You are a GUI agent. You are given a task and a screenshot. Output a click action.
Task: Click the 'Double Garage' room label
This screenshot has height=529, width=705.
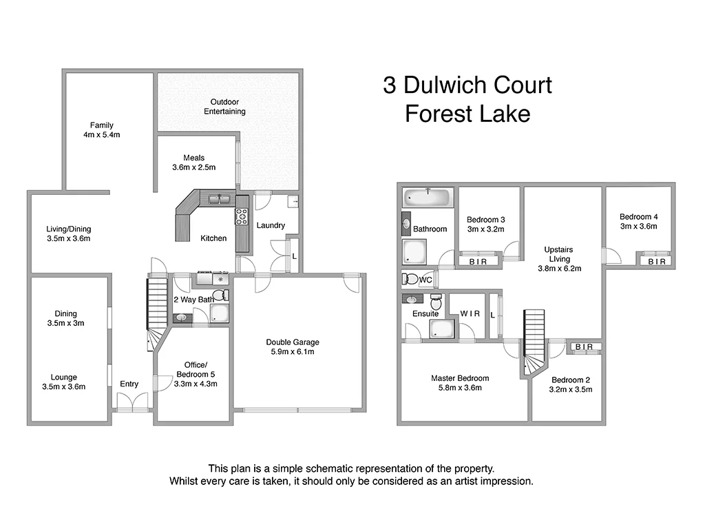point(293,342)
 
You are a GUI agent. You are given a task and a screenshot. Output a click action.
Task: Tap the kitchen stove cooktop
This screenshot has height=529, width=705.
point(242,216)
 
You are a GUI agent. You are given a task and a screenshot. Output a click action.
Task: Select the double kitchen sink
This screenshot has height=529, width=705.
point(219,199)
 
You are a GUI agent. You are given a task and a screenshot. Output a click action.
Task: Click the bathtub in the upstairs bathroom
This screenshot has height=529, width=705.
point(427,198)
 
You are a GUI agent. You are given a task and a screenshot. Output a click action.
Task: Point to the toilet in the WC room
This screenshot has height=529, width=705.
point(411,280)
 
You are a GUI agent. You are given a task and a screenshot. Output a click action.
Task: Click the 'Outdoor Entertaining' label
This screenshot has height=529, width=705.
point(224,107)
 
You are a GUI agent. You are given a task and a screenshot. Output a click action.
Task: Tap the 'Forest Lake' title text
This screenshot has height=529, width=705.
point(467,114)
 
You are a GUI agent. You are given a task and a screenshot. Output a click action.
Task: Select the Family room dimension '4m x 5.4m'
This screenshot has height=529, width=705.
point(101,135)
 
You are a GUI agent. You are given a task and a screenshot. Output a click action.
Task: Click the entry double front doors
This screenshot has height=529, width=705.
point(132,402)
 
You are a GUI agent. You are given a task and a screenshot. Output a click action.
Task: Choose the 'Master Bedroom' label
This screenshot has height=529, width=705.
point(460,378)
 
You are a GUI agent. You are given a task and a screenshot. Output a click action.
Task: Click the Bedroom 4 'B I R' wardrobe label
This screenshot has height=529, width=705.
point(657,262)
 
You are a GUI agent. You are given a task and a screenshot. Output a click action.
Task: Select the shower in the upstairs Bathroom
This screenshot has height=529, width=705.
point(414,251)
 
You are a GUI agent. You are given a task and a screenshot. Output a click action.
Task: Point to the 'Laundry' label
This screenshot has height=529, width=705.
point(271,225)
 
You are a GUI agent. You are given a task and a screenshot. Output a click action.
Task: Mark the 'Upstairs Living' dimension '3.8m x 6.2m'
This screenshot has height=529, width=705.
point(558,269)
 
